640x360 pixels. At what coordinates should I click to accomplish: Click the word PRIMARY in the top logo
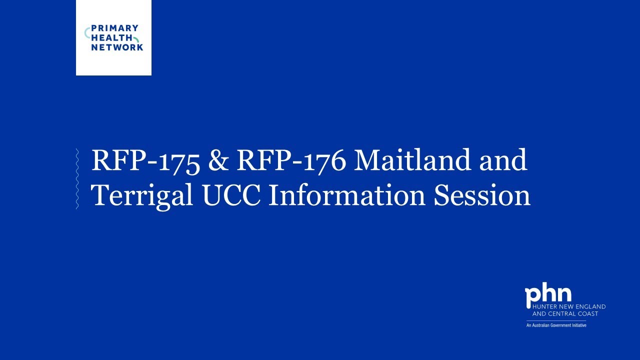click(x=114, y=28)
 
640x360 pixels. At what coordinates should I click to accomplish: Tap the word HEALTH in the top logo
click(x=108, y=38)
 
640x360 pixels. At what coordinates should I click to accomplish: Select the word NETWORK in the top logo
click(x=117, y=47)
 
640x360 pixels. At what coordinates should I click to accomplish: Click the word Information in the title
click(x=347, y=195)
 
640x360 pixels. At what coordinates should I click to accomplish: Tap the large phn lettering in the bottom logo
click(x=548, y=296)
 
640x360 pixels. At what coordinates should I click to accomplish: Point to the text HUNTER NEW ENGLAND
click(x=568, y=306)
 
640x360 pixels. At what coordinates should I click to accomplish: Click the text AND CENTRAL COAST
click(x=565, y=313)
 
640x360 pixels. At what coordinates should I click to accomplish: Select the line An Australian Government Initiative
click(x=556, y=325)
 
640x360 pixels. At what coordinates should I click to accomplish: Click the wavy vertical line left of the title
click(x=76, y=178)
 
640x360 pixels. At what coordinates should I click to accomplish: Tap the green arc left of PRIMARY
click(x=86, y=33)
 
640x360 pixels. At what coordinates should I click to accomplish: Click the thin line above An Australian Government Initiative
click(x=556, y=320)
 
